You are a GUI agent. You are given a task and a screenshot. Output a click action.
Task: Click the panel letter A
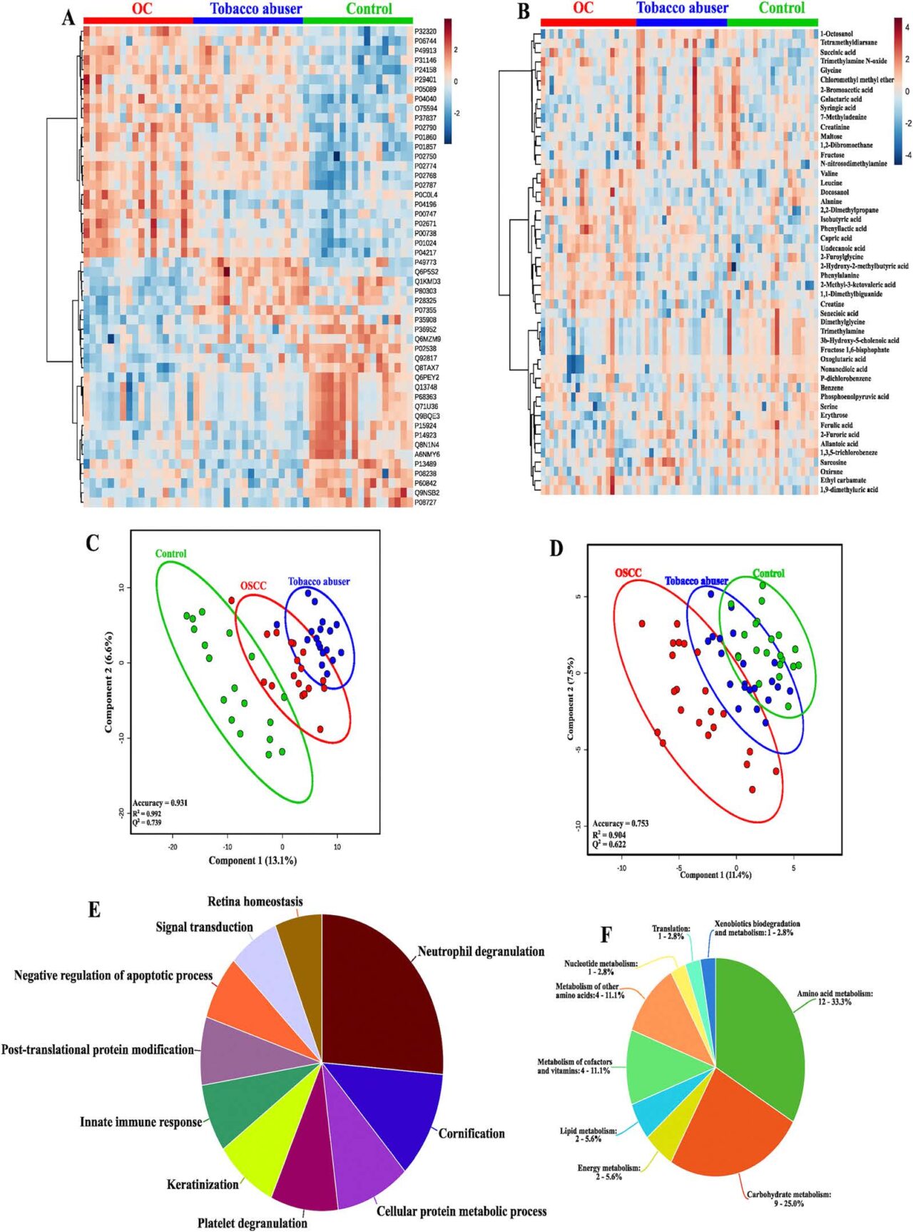pyautogui.click(x=68, y=17)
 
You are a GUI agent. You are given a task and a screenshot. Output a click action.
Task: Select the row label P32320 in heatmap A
pyautogui.click(x=425, y=31)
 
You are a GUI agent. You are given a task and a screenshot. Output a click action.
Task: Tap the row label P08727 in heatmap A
pyautogui.click(x=425, y=503)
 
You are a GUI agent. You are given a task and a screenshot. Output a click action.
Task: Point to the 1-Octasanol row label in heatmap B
pyautogui.click(x=836, y=34)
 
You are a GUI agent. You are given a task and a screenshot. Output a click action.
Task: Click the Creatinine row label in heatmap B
pyautogui.click(x=835, y=127)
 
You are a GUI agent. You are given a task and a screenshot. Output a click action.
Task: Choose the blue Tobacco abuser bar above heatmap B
pyautogui.click(x=681, y=22)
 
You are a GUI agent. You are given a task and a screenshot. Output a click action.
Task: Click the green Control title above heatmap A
pyautogui.click(x=369, y=9)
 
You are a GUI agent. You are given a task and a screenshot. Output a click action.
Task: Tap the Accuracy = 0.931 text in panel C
pyautogui.click(x=160, y=803)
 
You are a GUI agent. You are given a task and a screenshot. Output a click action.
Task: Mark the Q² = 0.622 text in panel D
pyautogui.click(x=609, y=844)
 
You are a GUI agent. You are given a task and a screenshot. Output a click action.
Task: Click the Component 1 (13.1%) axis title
pyautogui.click(x=253, y=861)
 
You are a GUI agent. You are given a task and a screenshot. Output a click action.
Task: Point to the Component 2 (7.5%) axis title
pyautogui.click(x=570, y=699)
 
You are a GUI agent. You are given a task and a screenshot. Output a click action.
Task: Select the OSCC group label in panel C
pyautogui.click(x=253, y=586)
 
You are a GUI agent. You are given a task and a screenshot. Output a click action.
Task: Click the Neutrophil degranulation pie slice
pyautogui.click(x=378, y=992)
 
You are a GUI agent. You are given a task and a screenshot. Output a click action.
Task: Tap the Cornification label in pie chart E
pyautogui.click(x=471, y=1133)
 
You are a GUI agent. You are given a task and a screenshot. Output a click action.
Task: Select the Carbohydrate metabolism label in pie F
pyautogui.click(x=789, y=1198)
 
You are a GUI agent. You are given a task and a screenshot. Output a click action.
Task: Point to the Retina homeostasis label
pyautogui.click(x=255, y=902)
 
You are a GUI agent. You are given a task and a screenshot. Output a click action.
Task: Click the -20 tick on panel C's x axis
pyautogui.click(x=173, y=847)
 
